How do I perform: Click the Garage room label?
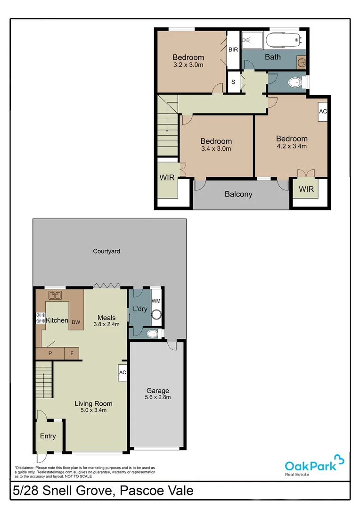coord(157,391)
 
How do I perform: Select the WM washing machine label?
coord(155,301)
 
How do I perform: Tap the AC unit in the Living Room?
coord(122,372)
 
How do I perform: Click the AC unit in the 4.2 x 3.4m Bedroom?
coord(323,112)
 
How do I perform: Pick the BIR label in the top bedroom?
coord(233,49)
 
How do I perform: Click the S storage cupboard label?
coord(233,82)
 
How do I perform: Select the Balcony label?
coord(238,194)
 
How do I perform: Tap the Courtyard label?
coord(106,251)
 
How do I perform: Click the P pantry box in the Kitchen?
coord(49,353)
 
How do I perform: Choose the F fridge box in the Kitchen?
coord(72,353)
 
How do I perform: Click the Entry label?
coord(48,436)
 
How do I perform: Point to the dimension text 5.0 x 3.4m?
coord(93,410)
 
